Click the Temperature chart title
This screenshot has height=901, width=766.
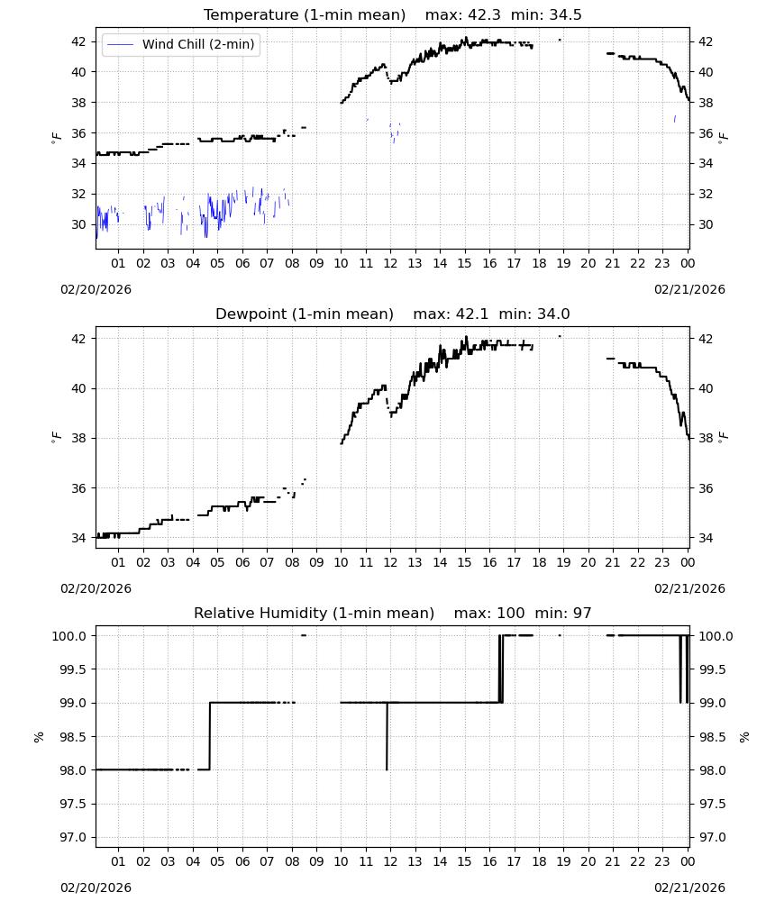click(x=305, y=15)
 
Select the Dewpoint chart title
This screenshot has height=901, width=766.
click(x=305, y=314)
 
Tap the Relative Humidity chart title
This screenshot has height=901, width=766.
click(x=314, y=613)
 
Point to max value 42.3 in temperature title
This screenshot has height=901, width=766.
click(x=485, y=15)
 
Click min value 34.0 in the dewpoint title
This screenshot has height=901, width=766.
click(x=553, y=314)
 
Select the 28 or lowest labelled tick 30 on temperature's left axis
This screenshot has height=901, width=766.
click(x=78, y=224)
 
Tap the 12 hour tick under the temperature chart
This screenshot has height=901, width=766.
click(x=390, y=263)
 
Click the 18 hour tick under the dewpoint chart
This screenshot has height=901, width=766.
click(x=538, y=562)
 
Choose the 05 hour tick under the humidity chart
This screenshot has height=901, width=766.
click(x=217, y=861)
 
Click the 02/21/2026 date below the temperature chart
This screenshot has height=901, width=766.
click(x=689, y=289)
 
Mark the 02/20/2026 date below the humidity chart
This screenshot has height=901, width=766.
click(x=96, y=887)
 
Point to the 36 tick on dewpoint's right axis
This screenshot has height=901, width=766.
click(x=706, y=488)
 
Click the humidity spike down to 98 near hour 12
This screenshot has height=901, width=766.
click(x=387, y=736)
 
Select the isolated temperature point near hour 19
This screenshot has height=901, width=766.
click(x=560, y=40)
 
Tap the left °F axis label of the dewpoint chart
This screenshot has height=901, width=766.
click(x=56, y=437)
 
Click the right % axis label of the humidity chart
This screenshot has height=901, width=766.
click(x=744, y=737)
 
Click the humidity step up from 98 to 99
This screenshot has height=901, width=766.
click(x=210, y=736)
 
